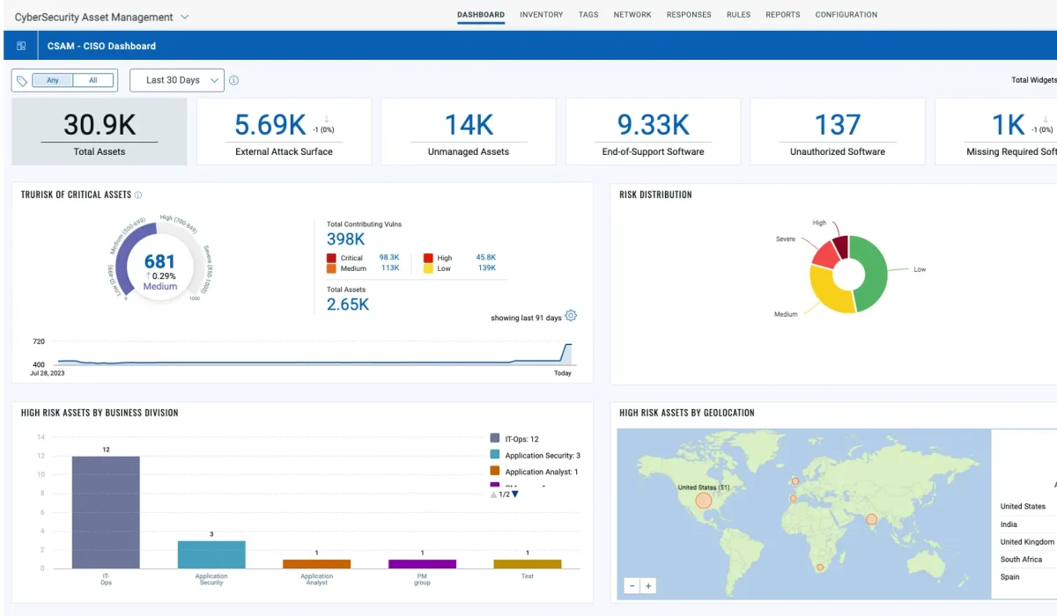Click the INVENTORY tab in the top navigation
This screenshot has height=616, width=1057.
541,15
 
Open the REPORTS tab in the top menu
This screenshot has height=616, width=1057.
782,15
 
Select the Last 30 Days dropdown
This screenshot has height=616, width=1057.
177,80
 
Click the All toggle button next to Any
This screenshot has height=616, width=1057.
93,80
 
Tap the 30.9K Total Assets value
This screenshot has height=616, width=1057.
100,125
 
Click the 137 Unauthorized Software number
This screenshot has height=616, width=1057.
837,125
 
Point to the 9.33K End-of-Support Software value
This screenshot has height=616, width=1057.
653,125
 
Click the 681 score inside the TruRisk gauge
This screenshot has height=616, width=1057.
159,261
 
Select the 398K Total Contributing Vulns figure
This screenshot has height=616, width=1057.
345,239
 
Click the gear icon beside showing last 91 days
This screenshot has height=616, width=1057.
571,317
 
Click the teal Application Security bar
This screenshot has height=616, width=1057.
211,554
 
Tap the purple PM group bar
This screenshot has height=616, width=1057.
422,564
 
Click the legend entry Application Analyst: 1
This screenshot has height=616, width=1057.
541,473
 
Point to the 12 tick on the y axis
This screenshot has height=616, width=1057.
41,456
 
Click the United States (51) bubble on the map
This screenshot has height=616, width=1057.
703,501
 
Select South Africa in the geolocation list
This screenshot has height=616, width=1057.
1021,560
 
